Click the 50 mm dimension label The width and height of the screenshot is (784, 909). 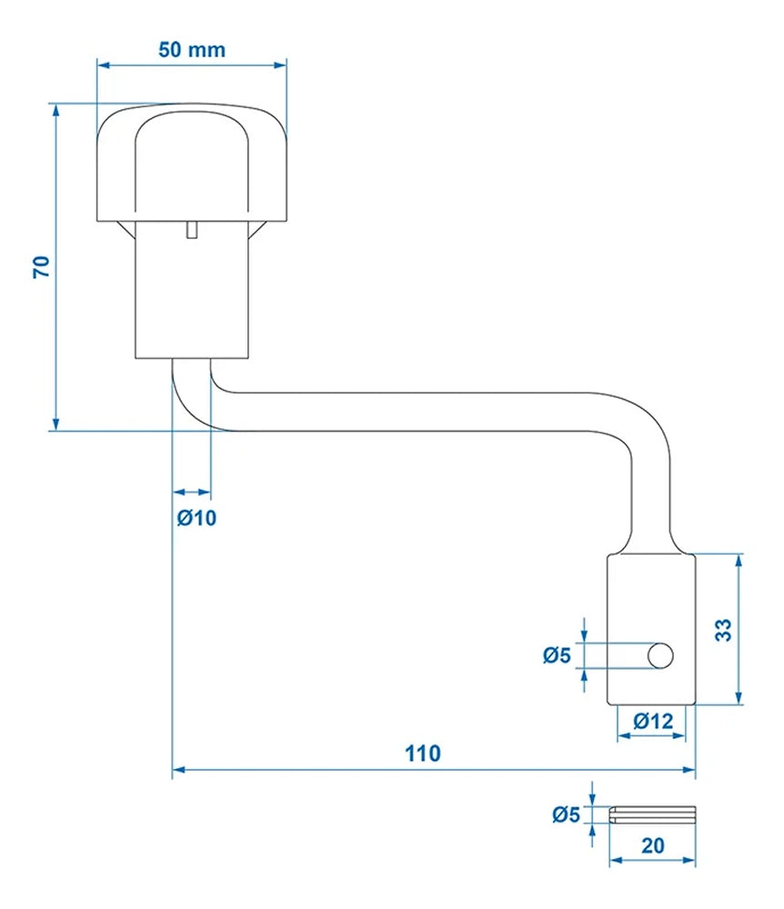click(x=191, y=49)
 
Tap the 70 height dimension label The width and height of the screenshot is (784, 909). click(x=40, y=266)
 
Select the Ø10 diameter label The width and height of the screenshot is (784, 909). click(x=196, y=518)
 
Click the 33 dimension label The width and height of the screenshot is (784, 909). click(x=724, y=630)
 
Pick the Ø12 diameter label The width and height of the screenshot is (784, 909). click(x=653, y=721)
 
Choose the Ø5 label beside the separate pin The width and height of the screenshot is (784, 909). click(x=565, y=814)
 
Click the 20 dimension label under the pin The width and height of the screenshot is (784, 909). click(x=653, y=844)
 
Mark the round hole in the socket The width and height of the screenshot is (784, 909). click(x=660, y=654)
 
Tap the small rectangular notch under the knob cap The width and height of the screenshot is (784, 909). click(x=191, y=230)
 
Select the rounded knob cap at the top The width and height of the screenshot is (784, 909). click(x=191, y=164)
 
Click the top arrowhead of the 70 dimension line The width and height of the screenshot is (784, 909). click(x=56, y=110)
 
